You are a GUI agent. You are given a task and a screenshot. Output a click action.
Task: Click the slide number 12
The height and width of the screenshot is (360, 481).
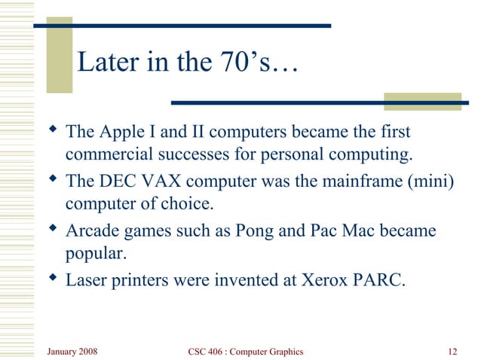click(452, 351)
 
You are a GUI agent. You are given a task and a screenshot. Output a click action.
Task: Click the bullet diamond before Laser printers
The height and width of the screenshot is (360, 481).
click(52, 279)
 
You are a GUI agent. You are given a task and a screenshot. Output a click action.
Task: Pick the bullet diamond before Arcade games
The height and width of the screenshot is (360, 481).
click(52, 230)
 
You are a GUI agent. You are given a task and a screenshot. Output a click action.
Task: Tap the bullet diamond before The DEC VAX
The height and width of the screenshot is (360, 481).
click(52, 181)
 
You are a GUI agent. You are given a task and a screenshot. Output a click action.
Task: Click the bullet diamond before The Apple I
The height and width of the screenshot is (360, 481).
click(52, 132)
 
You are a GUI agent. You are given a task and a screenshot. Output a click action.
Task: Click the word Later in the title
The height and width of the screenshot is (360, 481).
click(105, 63)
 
